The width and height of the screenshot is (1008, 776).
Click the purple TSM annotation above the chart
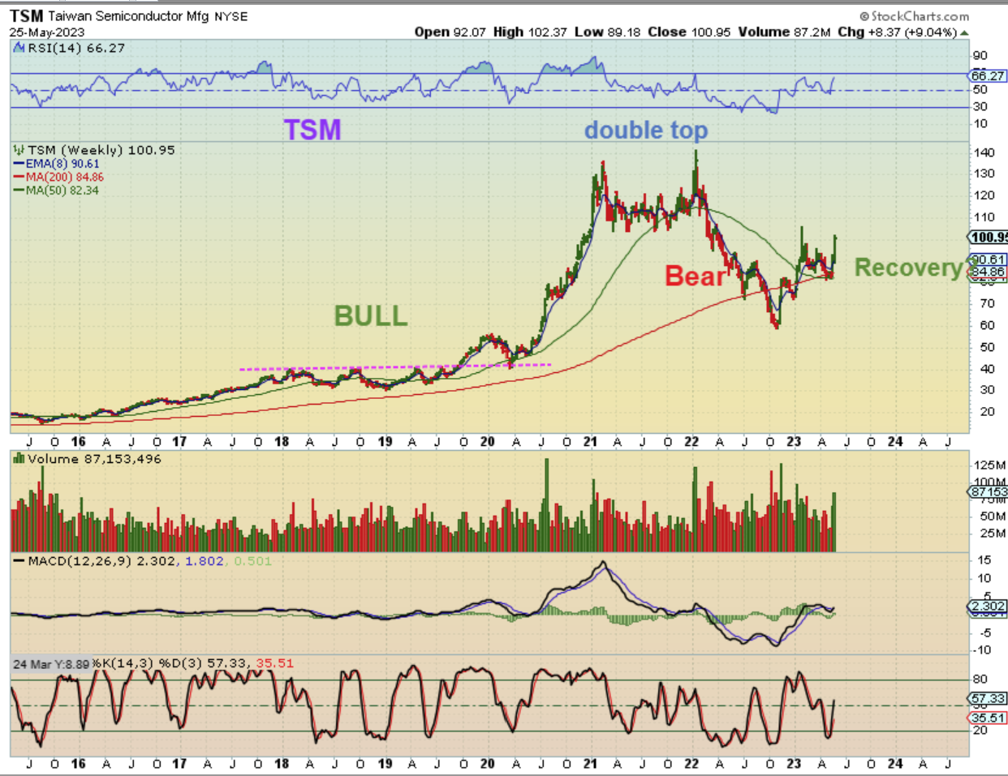pyautogui.click(x=312, y=130)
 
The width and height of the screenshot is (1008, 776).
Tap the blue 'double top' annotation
pyautogui.click(x=645, y=130)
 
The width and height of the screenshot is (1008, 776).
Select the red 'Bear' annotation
pyautogui.click(x=695, y=277)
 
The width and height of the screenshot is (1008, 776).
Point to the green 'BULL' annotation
pyautogui.click(x=371, y=315)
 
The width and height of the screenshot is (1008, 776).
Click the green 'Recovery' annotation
pyautogui.click(x=907, y=268)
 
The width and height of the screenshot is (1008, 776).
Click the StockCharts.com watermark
pyautogui.click(x=914, y=16)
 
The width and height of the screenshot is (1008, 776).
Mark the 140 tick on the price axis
pyautogui.click(x=984, y=152)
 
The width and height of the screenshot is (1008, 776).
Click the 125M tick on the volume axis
pyautogui.click(x=989, y=465)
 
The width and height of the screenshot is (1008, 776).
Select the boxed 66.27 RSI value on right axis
pyautogui.click(x=988, y=75)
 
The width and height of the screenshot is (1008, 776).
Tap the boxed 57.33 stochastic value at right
pyautogui.click(x=988, y=698)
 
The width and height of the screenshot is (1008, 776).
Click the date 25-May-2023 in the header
pyautogui.click(x=47, y=32)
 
